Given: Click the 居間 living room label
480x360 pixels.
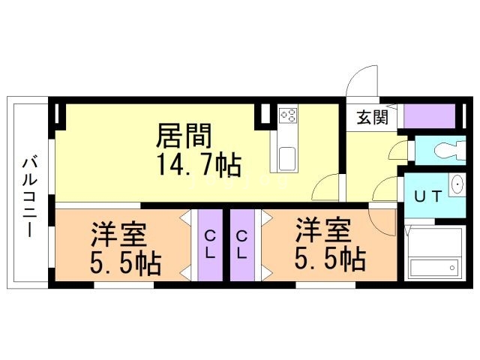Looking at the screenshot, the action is click(184, 136).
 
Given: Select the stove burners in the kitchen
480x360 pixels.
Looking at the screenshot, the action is click(289, 115).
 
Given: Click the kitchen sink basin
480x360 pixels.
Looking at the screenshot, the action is click(287, 158).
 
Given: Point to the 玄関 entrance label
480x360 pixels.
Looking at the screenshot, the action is click(373, 117).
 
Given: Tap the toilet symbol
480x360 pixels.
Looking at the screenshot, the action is click(450, 150).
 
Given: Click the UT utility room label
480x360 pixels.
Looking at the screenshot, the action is click(428, 196).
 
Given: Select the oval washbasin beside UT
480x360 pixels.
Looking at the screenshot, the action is click(458, 184).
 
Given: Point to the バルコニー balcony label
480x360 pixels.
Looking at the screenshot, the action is click(30, 197).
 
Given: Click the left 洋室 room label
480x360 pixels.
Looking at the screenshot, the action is click(119, 234).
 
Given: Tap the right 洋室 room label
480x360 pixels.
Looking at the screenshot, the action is click(323, 230).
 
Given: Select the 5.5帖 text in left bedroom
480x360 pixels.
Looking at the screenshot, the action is click(126, 263).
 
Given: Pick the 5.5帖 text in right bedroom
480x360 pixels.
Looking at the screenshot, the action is click(330, 259).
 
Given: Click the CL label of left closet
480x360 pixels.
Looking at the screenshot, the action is click(210, 245).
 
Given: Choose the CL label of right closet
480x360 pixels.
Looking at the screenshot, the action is click(241, 245).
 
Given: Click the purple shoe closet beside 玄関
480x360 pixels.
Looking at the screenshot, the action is click(430, 116).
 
